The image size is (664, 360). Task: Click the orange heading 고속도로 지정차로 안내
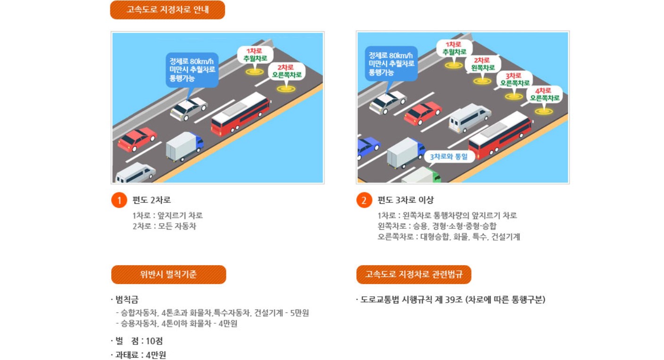coord(167,9)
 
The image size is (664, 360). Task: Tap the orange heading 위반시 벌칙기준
coord(168,275)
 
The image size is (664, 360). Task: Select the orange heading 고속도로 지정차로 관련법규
coord(414,275)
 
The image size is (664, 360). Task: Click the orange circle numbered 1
coord(119,200)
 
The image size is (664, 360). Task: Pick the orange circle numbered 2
coord(364,200)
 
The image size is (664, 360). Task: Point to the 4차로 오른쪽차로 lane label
coord(544,94)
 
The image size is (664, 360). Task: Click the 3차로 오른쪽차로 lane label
coord(515,79)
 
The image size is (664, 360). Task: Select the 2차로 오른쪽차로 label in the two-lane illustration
coord(286,71)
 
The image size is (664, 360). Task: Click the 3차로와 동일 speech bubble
coord(449,156)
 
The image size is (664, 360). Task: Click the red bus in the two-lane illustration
coord(240,114)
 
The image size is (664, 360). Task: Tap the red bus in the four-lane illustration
coord(500,135)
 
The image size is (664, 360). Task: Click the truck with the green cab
coord(421,176)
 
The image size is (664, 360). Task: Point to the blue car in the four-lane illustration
coord(367,146)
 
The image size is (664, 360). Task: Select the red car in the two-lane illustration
coord(137,138)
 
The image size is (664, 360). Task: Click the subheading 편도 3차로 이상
coord(405,200)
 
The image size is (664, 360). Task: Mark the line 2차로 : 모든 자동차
coord(164,226)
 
